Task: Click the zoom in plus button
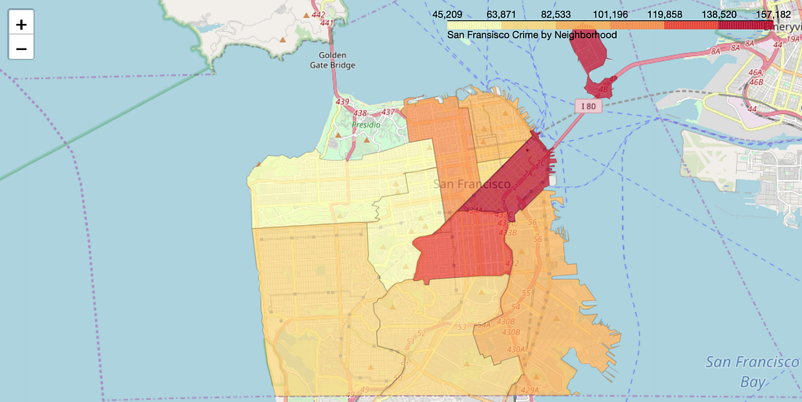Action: pyautogui.click(x=21, y=24)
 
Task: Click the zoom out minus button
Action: pyautogui.click(x=21, y=49)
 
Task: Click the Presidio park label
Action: pyautogui.click(x=365, y=125)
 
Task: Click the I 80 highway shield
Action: pyautogui.click(x=589, y=106)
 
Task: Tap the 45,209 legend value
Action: pyautogui.click(x=448, y=14)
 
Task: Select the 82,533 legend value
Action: pyautogui.click(x=556, y=14)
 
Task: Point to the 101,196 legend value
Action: pyautogui.click(x=610, y=14)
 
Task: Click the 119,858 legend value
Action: pyautogui.click(x=665, y=14)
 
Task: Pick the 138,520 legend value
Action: pyautogui.click(x=719, y=14)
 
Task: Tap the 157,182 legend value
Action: pyautogui.click(x=773, y=14)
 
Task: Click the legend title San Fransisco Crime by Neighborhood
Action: pyautogui.click(x=532, y=35)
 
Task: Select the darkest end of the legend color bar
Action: pyautogui.click(x=763, y=25)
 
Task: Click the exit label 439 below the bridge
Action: pyautogui.click(x=341, y=102)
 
